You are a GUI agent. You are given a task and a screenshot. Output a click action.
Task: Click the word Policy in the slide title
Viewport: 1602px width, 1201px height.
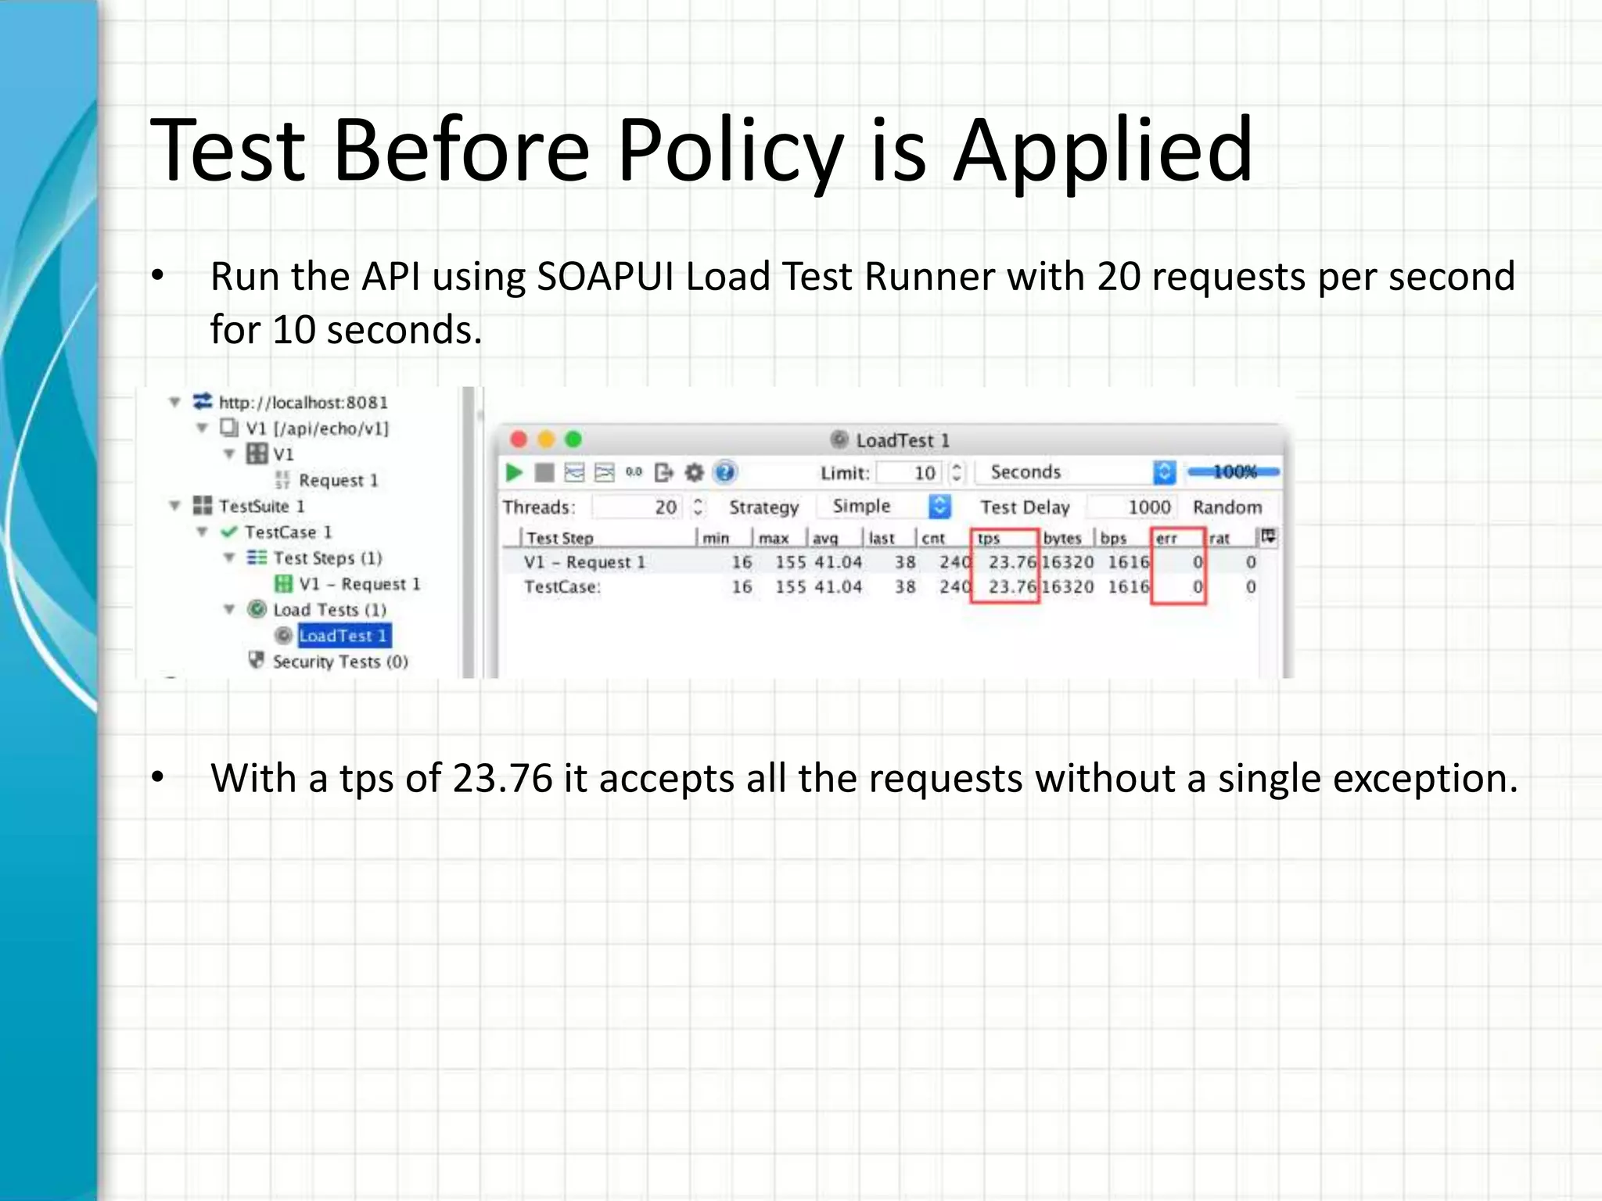coord(730,150)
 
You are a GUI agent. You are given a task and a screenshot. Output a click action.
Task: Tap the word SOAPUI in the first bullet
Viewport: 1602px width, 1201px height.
coord(605,277)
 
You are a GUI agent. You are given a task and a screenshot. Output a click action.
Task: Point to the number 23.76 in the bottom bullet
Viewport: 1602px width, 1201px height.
coord(502,779)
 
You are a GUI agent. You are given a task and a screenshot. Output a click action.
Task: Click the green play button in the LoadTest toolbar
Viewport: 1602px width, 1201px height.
coord(514,472)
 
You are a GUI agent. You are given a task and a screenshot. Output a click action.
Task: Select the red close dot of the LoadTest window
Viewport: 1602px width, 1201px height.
coord(518,439)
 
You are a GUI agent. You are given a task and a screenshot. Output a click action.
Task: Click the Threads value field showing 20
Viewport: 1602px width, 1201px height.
coord(637,507)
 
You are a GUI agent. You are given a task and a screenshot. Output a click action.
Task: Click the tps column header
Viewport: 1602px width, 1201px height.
coord(990,538)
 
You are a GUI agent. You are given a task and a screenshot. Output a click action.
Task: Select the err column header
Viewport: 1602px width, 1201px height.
coord(1166,538)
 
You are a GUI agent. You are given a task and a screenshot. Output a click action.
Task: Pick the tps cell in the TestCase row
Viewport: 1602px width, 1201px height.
coord(1011,587)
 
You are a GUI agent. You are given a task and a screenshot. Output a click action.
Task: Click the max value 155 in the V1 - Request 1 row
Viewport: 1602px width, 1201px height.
coord(790,562)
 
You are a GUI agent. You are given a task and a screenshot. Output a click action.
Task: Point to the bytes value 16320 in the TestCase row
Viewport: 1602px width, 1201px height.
coord(1068,587)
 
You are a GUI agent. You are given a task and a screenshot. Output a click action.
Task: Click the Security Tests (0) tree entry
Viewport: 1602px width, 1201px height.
coord(339,661)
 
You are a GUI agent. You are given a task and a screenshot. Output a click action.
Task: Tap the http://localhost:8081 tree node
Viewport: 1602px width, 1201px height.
coord(303,403)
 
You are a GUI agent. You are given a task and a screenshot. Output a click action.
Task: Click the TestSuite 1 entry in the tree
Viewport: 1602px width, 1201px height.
coord(261,506)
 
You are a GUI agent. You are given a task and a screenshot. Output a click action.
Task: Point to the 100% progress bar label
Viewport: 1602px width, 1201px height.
coord(1234,471)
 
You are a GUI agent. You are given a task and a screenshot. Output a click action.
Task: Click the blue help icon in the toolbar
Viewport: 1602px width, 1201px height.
coord(725,472)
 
